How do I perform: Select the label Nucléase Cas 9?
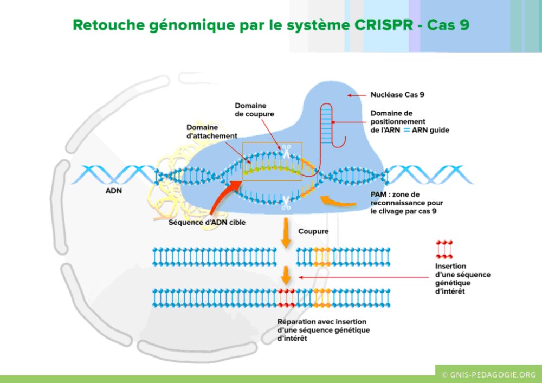click(397, 94)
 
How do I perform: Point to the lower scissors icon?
click(285, 203)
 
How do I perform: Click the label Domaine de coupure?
click(255, 110)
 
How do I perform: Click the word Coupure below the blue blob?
click(313, 231)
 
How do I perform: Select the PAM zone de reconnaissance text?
click(401, 203)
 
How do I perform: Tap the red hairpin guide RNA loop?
click(335, 125)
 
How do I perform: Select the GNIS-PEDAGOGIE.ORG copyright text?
click(488, 374)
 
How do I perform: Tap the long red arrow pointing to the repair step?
click(363, 277)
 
